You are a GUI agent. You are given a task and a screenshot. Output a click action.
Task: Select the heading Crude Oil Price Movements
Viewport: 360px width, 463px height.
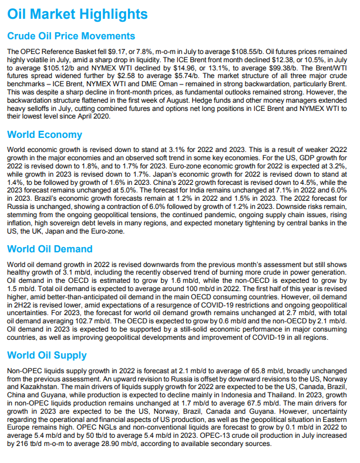[71, 36]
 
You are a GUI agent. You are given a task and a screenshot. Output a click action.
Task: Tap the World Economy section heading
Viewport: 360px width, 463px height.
[45, 134]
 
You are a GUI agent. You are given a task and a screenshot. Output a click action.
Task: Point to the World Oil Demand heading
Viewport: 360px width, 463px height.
[50, 249]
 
